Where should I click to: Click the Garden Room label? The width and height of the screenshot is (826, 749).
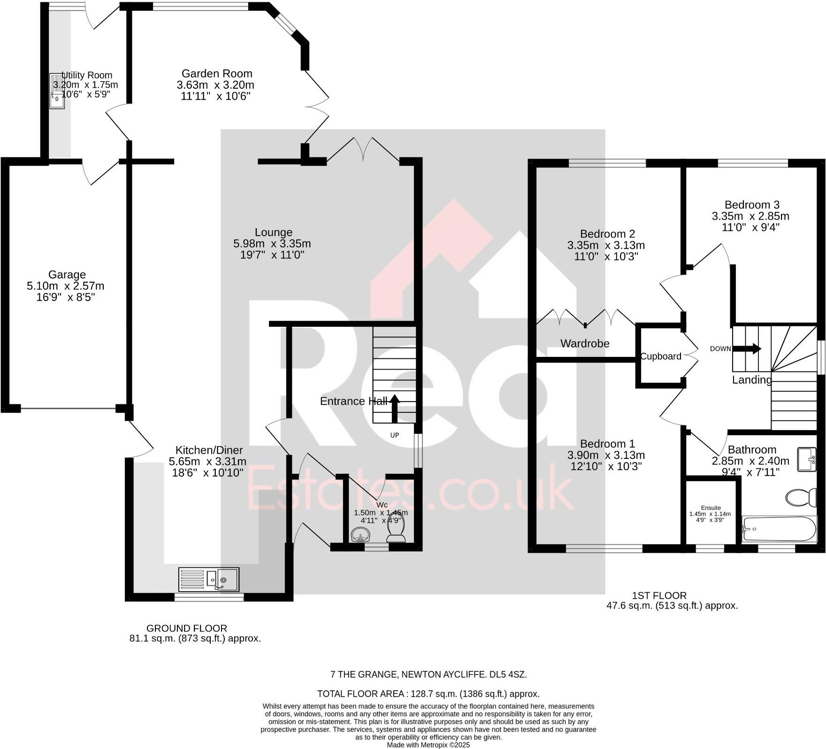(217, 74)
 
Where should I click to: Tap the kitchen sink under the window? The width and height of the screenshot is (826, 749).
(208, 579)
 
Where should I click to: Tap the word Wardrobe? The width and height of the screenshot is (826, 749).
(585, 343)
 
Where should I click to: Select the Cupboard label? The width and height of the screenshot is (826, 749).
(661, 356)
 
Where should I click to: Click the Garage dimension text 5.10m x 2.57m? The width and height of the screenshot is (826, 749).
(66, 286)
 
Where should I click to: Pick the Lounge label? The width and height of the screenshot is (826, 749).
(273, 232)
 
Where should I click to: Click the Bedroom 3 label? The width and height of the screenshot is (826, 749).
(752, 205)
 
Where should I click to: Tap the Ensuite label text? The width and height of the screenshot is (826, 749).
(711, 508)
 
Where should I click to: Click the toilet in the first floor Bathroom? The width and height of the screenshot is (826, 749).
(802, 497)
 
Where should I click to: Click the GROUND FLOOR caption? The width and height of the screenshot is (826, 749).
(187, 628)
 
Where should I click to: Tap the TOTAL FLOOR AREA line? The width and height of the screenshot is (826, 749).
(428, 694)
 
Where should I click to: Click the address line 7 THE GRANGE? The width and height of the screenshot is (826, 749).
(428, 674)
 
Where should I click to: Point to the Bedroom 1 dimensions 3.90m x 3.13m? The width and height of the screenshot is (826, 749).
(606, 455)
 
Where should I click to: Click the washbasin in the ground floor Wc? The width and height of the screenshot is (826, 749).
(360, 534)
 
